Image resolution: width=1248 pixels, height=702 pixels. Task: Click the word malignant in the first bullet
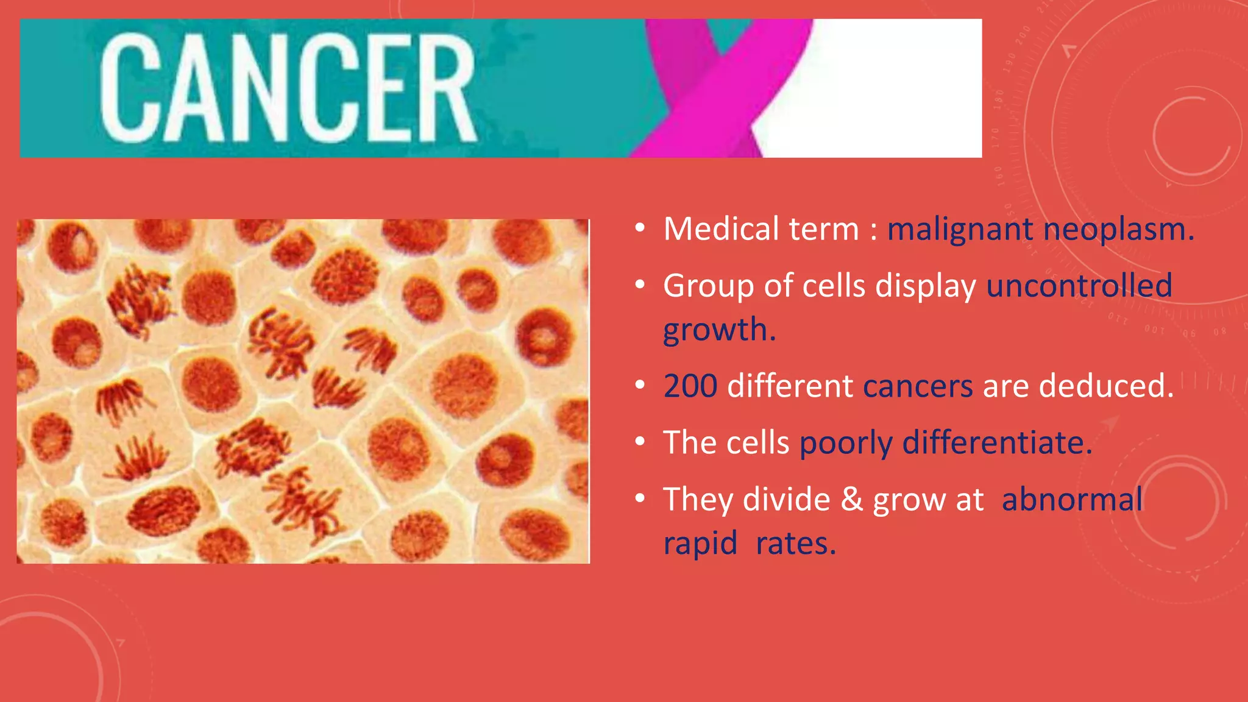(x=960, y=230)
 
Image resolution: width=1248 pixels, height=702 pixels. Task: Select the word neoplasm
(x=1118, y=230)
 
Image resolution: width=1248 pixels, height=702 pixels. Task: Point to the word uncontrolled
(x=1079, y=286)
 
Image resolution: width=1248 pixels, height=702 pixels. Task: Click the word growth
(x=719, y=330)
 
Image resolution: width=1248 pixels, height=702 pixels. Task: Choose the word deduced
(x=1105, y=386)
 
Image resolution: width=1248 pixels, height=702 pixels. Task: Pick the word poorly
(x=845, y=443)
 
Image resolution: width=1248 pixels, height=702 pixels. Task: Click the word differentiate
(x=997, y=443)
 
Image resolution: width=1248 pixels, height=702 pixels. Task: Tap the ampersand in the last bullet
(x=851, y=500)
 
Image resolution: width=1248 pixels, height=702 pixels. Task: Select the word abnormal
(x=1072, y=500)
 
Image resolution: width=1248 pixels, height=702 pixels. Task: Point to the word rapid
(x=700, y=544)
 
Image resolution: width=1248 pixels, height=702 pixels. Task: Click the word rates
(x=795, y=544)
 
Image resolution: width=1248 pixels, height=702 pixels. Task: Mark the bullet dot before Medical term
(x=639, y=229)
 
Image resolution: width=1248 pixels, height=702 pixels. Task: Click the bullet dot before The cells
(x=639, y=442)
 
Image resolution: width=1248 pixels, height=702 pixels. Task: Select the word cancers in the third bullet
(x=918, y=386)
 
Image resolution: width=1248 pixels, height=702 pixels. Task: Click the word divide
(x=786, y=500)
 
